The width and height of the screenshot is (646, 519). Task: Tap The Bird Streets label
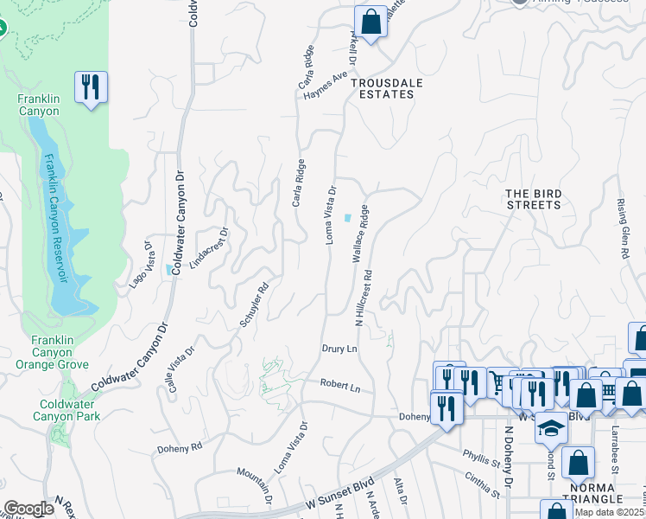pos(533,199)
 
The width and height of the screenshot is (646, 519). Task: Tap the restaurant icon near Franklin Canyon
pos(91,86)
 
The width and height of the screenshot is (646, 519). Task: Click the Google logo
pos(28,508)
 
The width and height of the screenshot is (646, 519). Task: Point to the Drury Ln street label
pos(339,348)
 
